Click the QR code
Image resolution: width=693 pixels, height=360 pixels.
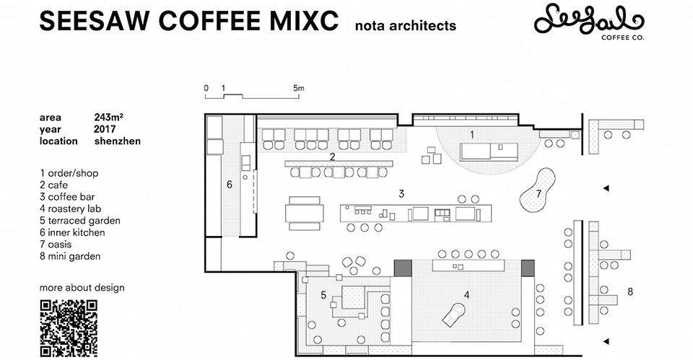[69, 328]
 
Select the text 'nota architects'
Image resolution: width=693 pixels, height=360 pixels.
[406, 25]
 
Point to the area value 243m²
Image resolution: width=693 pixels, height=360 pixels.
[108, 118]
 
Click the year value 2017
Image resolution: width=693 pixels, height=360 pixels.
[105, 129]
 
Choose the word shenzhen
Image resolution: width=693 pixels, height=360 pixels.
[118, 141]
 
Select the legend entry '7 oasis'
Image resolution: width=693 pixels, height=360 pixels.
[56, 245]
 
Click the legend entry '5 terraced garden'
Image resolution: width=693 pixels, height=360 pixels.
[80, 221]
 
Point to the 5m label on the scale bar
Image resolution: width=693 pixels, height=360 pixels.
[299, 88]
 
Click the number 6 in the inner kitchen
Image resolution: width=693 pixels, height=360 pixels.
[230, 184]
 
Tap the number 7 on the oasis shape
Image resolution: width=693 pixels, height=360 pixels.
[539, 193]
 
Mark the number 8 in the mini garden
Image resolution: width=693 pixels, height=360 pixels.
[630, 291]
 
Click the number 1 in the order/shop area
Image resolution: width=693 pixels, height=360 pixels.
[472, 135]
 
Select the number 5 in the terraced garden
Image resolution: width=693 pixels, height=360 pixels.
[323, 294]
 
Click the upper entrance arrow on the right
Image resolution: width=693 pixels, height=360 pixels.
[606, 188]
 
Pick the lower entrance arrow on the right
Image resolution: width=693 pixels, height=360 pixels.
[606, 341]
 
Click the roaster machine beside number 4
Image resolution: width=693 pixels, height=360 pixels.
[454, 314]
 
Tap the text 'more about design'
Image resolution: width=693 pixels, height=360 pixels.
[82, 288]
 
